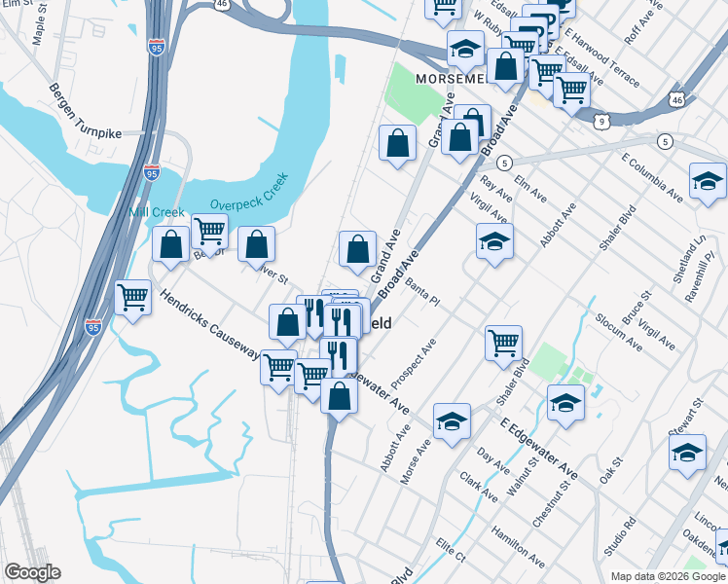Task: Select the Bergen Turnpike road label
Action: (x=87, y=111)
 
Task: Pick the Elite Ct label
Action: (x=451, y=551)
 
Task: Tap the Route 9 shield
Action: (x=603, y=121)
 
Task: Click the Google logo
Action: (x=32, y=572)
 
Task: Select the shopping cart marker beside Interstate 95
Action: (x=132, y=298)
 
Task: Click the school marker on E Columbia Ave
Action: (x=708, y=180)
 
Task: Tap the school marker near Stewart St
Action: (x=687, y=453)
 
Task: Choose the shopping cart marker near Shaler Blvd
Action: (x=503, y=343)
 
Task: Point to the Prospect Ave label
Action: (x=414, y=363)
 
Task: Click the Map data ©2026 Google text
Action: (x=668, y=576)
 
